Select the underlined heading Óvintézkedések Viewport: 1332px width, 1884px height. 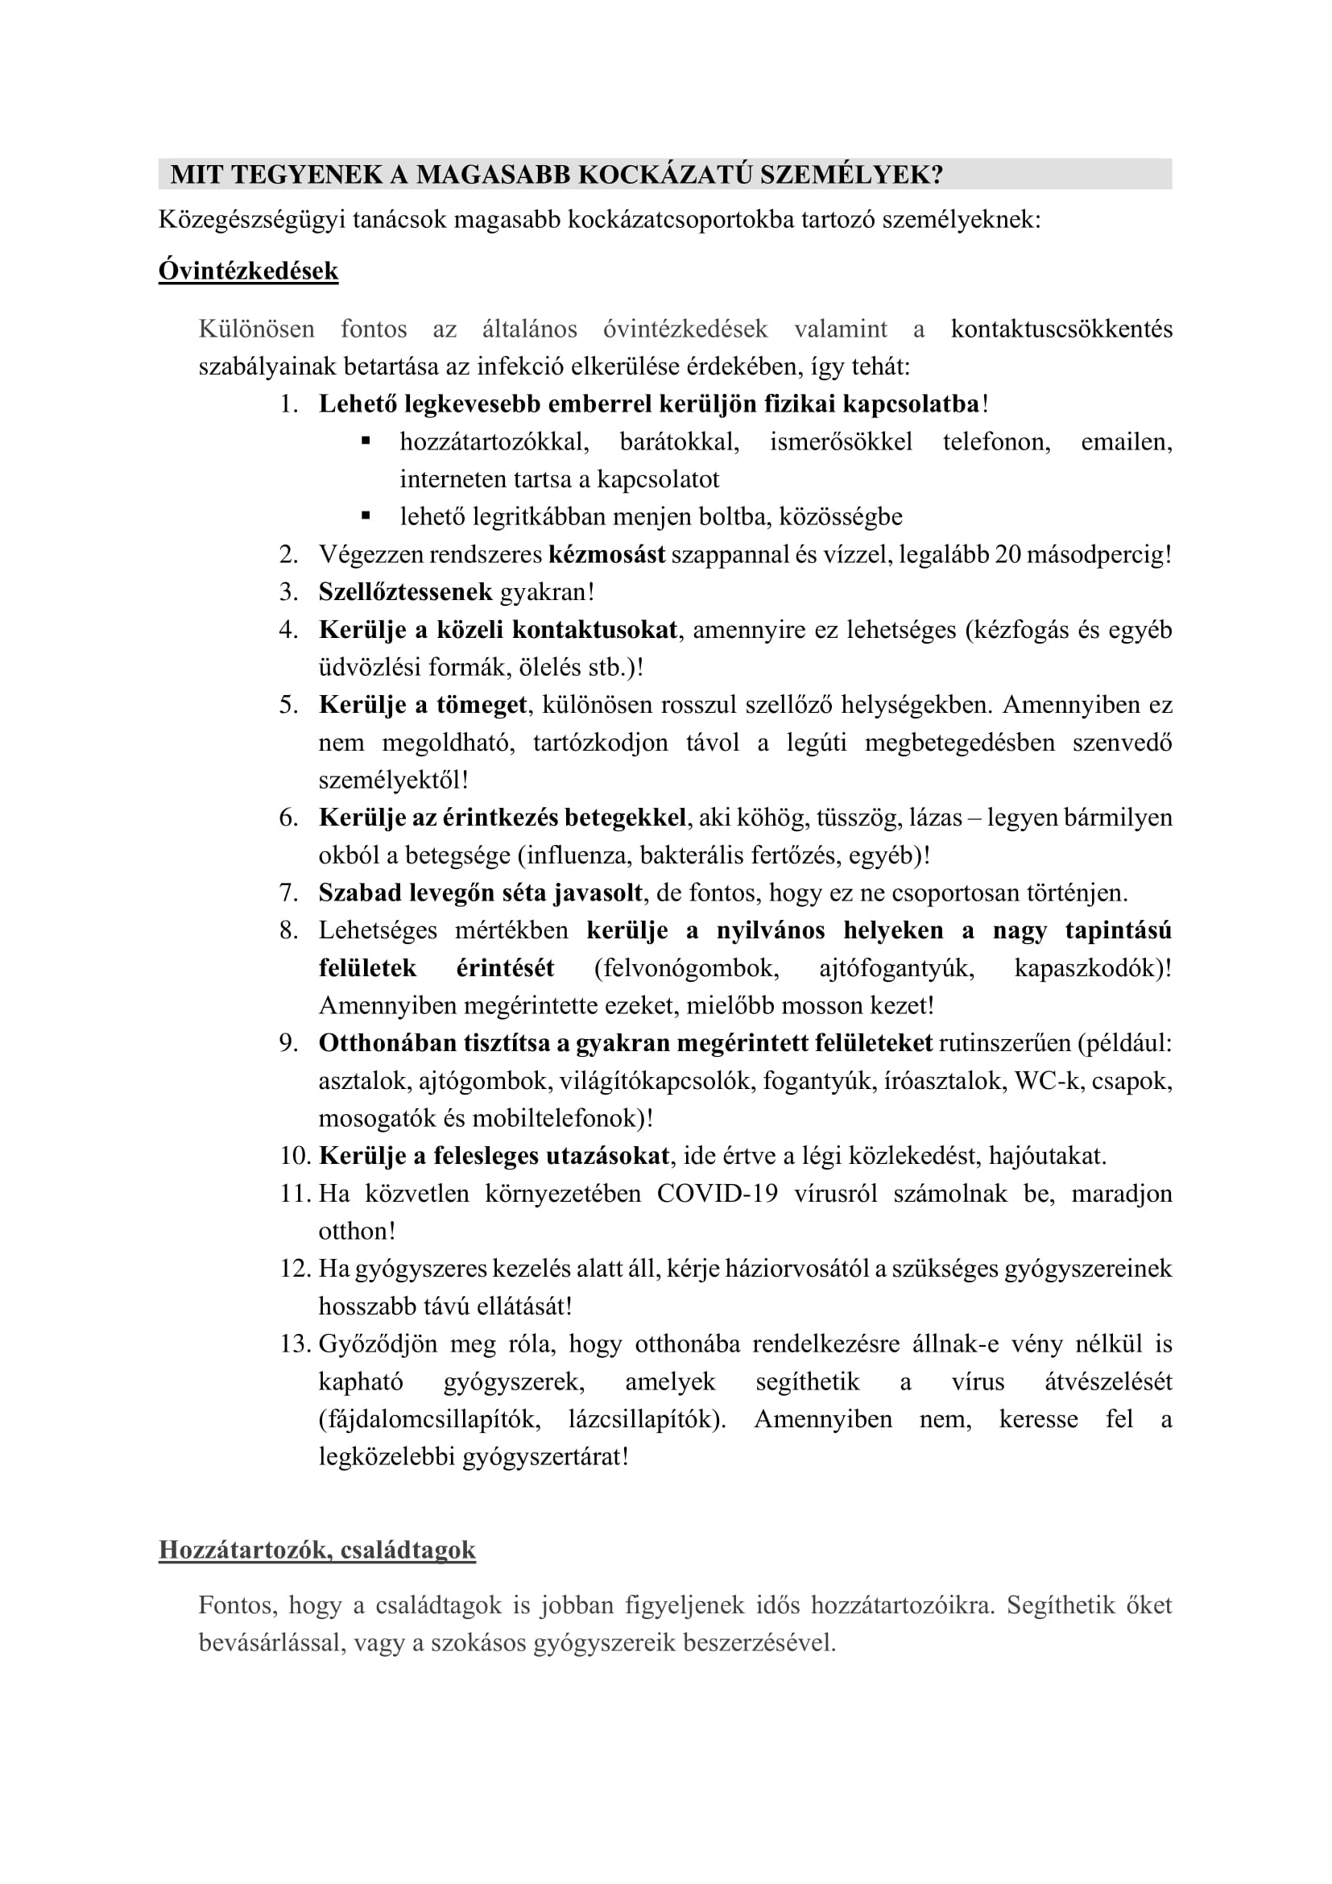(248, 271)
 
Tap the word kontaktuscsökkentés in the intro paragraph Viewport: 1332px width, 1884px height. (1061, 329)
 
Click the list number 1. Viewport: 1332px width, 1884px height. (289, 404)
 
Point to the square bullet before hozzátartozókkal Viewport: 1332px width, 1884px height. (366, 441)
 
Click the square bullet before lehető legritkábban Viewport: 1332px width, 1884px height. (366, 516)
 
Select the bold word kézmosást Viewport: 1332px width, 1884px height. (606, 555)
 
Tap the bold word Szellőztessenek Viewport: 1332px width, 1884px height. (405, 592)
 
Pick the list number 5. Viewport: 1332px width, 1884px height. (289, 705)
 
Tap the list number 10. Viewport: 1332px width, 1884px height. (294, 1156)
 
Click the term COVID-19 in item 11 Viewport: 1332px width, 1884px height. (717, 1193)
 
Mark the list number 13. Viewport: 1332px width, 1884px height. (294, 1344)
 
